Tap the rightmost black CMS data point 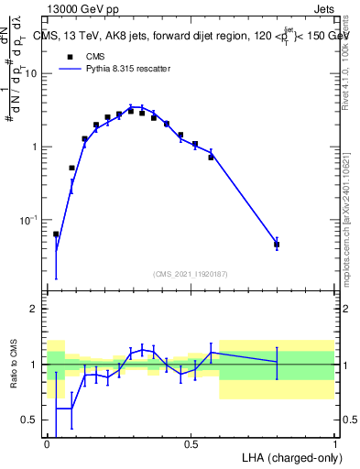click(x=277, y=245)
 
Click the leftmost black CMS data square click(x=56, y=234)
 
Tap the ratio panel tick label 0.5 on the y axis click(x=31, y=420)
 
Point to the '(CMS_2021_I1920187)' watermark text click(x=191, y=274)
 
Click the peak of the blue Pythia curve click(x=134, y=107)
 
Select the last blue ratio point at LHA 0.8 click(x=277, y=362)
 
